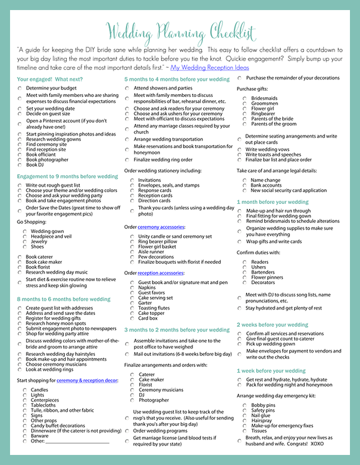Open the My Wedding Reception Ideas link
coord(210,68)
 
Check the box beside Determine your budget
coord(20,88)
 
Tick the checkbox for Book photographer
coord(20,159)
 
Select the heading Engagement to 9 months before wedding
coord(67,176)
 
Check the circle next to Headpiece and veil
coord(25,236)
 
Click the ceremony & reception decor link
coord(87,380)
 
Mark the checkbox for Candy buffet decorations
coord(25,425)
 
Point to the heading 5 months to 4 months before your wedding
coord(177,79)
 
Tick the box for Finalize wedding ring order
coord(127,159)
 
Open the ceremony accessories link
coord(160,227)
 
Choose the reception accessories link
coord(161,273)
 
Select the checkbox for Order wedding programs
coord(127,431)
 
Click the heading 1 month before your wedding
coord(272,202)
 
